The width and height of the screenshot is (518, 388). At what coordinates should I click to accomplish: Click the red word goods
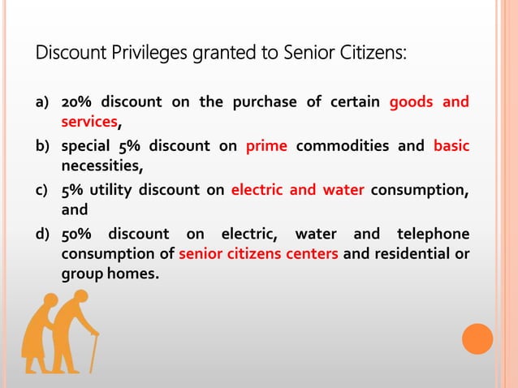click(412, 103)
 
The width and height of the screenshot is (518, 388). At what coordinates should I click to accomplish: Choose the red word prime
click(266, 147)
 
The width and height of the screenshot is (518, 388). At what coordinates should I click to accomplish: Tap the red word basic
click(451, 147)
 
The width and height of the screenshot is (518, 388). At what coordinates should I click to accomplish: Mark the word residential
click(402, 255)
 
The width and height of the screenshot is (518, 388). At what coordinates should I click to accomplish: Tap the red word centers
click(309, 255)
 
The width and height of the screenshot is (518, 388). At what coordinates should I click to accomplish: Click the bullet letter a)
click(41, 104)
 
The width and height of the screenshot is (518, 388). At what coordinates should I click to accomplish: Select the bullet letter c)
click(41, 192)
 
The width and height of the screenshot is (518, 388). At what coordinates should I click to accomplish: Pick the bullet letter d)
click(41, 235)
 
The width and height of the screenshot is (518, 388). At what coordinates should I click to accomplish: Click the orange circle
click(477, 338)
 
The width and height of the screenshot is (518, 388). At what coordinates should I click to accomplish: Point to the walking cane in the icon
click(93, 352)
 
